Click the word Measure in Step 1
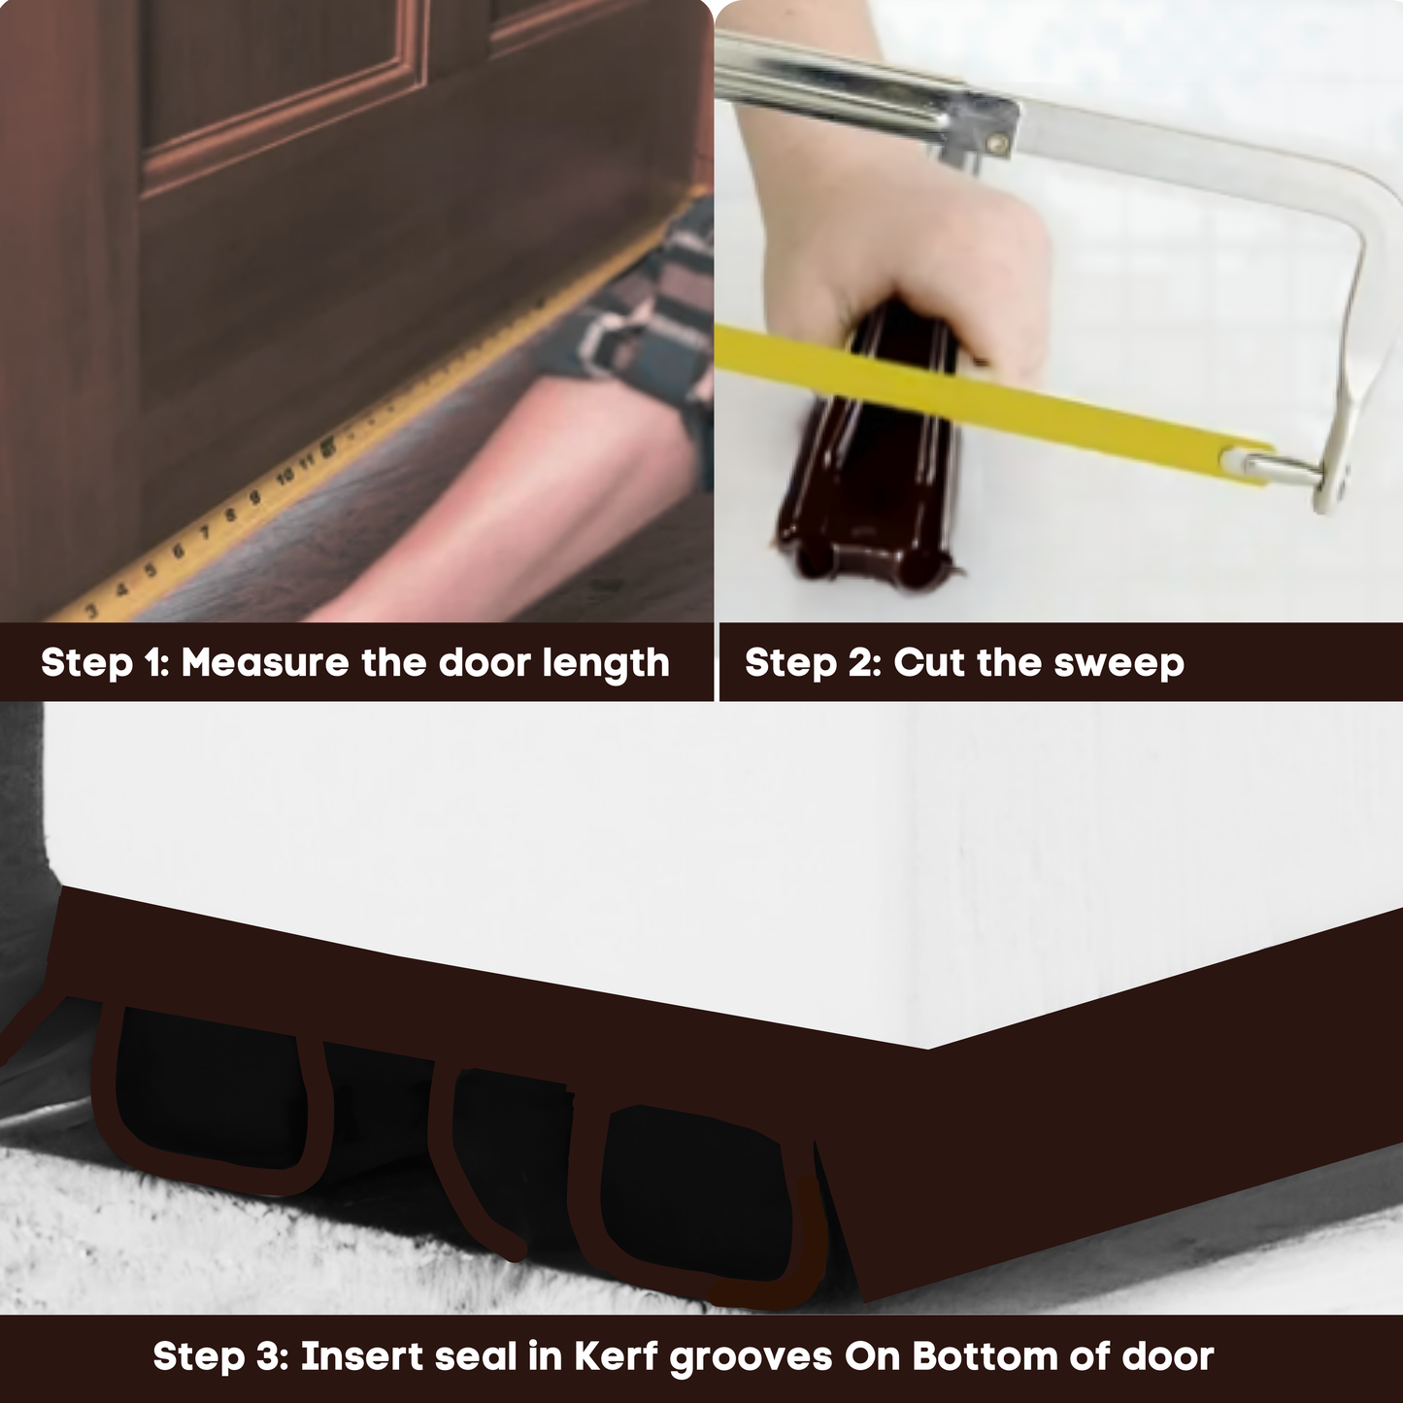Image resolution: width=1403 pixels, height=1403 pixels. [264, 663]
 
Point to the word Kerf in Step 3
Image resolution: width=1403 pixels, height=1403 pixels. [616, 1356]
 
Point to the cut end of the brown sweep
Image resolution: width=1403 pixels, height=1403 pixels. [864, 563]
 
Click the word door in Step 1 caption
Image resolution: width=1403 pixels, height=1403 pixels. [484, 663]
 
